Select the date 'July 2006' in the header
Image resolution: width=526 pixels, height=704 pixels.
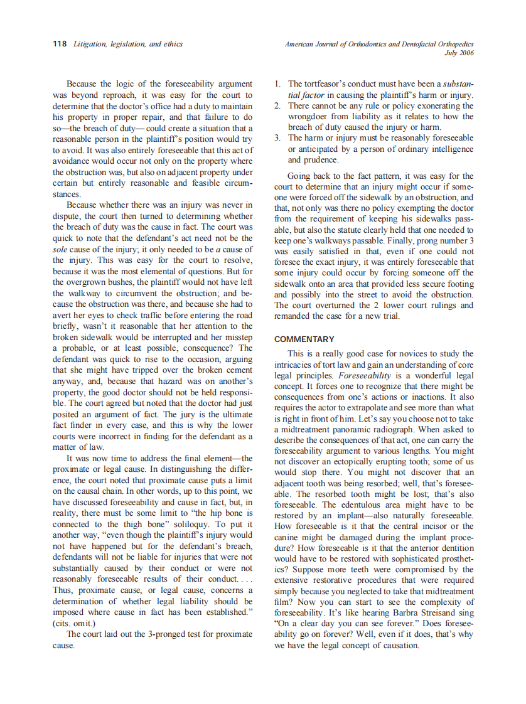(x=459, y=53)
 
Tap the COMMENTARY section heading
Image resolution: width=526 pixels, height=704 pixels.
(x=304, y=339)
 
